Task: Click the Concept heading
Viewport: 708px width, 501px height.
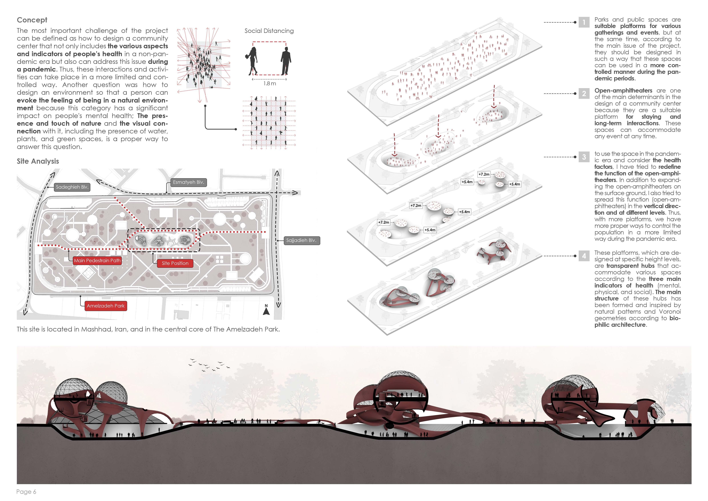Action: click(32, 20)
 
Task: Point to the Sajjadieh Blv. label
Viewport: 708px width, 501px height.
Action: click(301, 240)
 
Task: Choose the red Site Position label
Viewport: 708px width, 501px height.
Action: click(175, 263)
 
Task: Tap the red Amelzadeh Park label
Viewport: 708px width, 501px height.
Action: click(105, 306)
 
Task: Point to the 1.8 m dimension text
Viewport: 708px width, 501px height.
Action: click(269, 84)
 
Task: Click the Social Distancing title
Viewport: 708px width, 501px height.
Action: click(269, 31)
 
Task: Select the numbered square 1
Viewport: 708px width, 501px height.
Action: click(584, 22)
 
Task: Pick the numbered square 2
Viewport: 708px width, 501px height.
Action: click(584, 94)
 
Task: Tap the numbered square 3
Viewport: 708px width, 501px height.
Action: click(584, 157)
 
